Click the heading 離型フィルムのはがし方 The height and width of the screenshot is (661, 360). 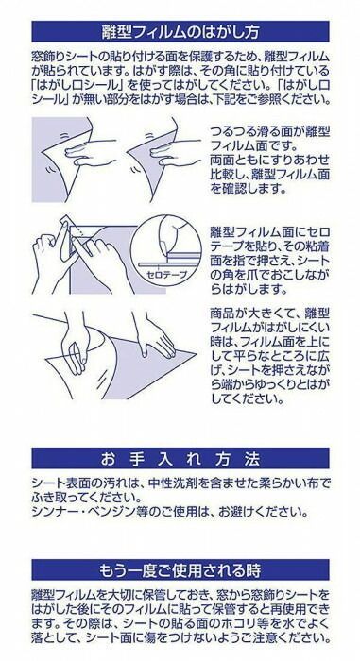(180, 32)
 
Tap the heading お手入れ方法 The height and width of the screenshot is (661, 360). (180, 459)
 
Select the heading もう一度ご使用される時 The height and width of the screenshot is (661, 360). (180, 570)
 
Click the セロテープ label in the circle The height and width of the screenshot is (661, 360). (166, 275)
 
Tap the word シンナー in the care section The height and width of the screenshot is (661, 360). (53, 512)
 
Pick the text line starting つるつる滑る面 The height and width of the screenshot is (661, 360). (269, 133)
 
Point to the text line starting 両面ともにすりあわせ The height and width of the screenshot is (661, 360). (269, 161)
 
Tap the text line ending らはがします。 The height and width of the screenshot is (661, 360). (243, 289)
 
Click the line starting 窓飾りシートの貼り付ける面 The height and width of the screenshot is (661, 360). (180, 56)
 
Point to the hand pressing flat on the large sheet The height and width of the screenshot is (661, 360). (155, 335)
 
